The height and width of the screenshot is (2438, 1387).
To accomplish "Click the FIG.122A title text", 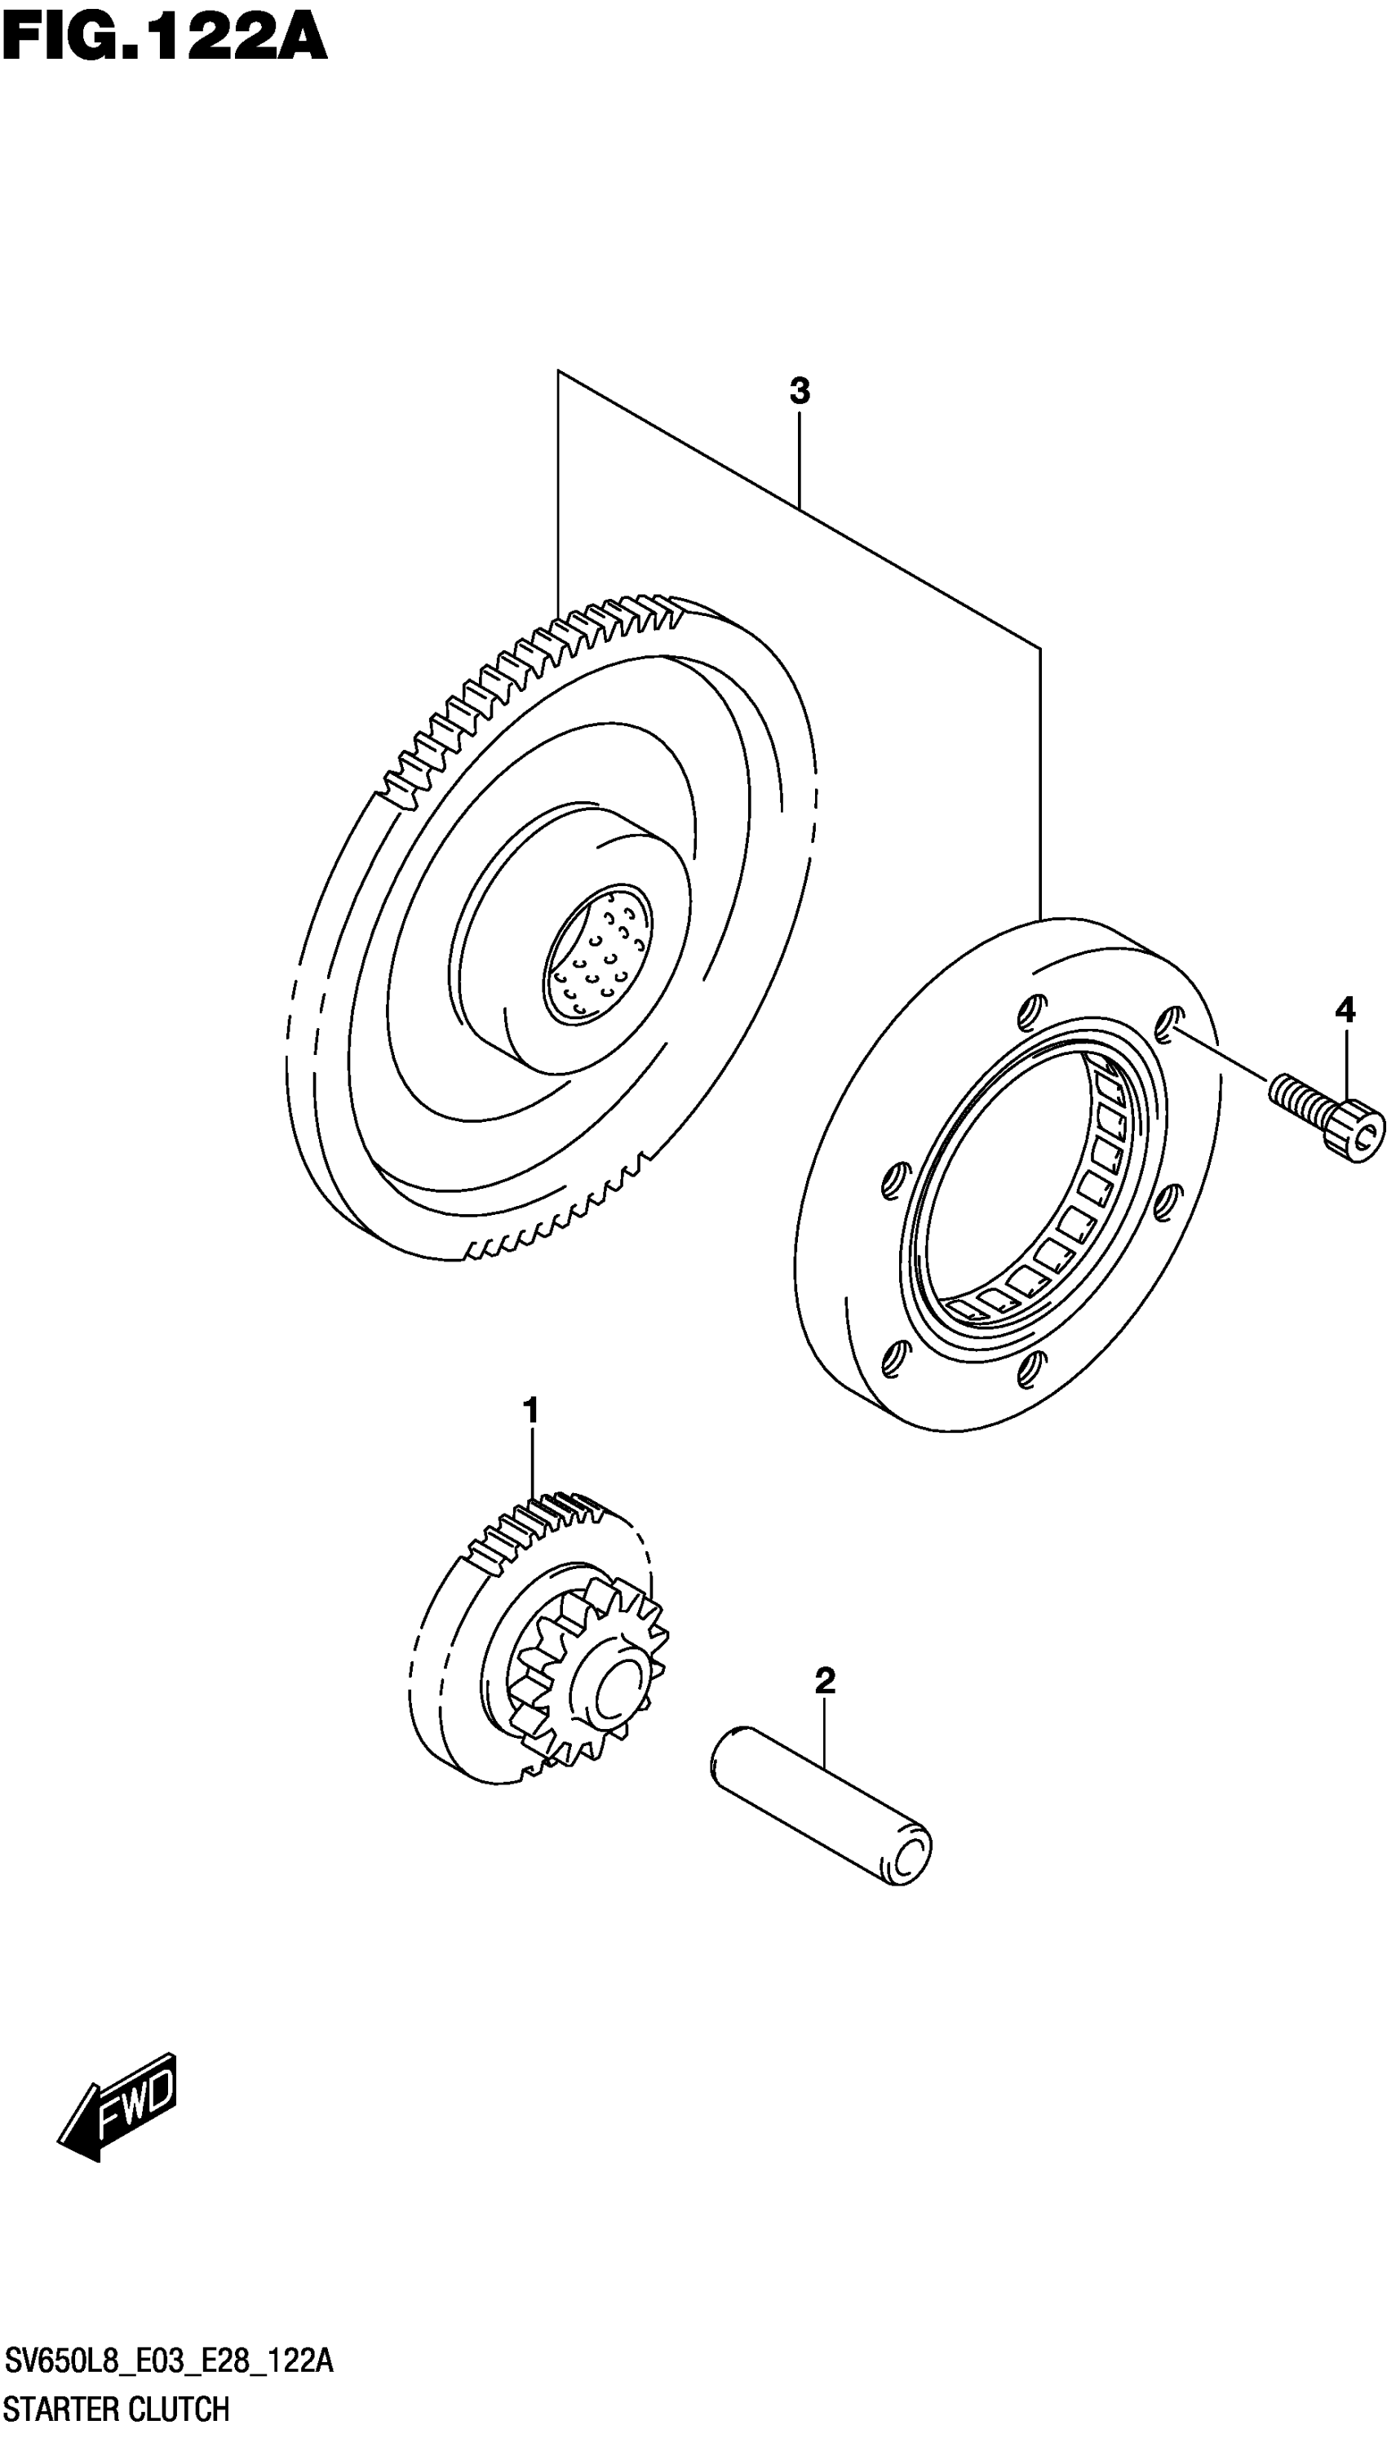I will (x=164, y=40).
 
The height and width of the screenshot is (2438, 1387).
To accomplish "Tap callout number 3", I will (x=800, y=391).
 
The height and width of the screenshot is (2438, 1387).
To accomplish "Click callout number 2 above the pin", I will (x=825, y=1681).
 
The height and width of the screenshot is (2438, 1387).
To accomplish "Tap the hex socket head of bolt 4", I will (x=1360, y=1129).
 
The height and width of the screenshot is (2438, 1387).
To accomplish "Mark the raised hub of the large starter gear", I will (x=572, y=952).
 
